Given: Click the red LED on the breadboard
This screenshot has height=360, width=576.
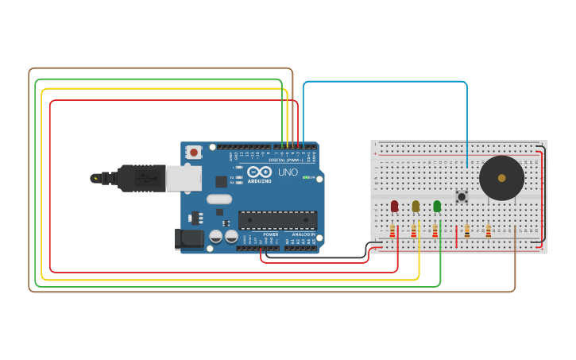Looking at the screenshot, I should (x=394, y=206).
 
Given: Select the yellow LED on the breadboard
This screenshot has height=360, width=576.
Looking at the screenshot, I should (x=416, y=206).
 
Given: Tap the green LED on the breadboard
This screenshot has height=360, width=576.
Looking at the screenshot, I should (x=437, y=206).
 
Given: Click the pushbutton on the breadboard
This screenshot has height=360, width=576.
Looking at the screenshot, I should (x=461, y=195).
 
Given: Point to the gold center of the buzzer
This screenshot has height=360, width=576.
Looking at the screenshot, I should (x=501, y=178).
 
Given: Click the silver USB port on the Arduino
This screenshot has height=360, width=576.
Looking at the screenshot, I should (x=183, y=178).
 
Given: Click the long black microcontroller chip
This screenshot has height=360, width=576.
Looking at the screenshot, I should (x=277, y=220).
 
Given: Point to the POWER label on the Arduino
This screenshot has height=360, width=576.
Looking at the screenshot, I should (x=270, y=235).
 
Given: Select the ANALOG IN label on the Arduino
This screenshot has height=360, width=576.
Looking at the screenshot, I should (x=302, y=235).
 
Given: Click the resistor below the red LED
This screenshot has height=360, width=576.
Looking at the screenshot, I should (x=392, y=231).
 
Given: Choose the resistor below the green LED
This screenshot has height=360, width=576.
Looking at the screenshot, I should (x=435, y=231).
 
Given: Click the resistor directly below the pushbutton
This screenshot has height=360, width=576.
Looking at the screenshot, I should (x=467, y=231).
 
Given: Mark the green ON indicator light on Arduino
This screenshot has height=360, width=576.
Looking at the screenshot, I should (x=306, y=177).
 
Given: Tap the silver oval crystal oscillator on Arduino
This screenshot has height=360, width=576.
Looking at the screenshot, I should (x=219, y=199).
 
